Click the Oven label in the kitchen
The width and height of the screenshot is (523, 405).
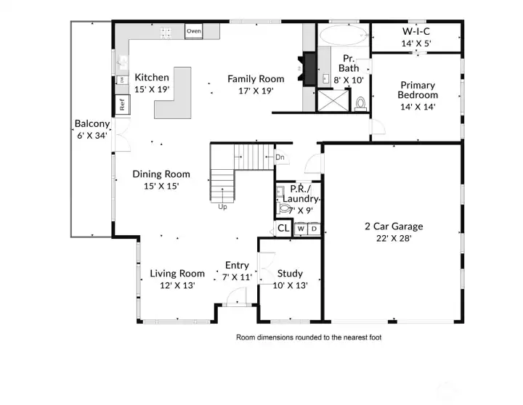[x=193, y=31]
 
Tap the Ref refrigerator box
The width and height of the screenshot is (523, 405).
[x=123, y=102]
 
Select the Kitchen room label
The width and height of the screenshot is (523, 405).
[x=152, y=78]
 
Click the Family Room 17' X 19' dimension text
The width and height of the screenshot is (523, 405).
[x=250, y=91]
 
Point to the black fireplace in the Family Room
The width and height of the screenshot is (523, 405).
[x=308, y=70]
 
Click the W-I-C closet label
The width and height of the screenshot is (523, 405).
[x=417, y=32]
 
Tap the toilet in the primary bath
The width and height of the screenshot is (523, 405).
[x=360, y=103]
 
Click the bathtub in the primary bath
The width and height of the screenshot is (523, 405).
[x=343, y=36]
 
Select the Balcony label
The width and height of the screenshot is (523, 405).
[x=92, y=123]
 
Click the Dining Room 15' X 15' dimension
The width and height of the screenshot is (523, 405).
[x=161, y=186]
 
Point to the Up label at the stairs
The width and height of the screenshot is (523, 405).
[x=222, y=206]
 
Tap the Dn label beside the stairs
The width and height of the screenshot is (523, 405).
[x=280, y=157]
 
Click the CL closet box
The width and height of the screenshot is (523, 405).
[x=283, y=229]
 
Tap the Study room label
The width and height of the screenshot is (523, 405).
[x=290, y=274]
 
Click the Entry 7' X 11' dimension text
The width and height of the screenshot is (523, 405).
[x=236, y=277]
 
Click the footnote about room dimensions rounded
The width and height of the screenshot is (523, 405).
[x=308, y=337]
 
